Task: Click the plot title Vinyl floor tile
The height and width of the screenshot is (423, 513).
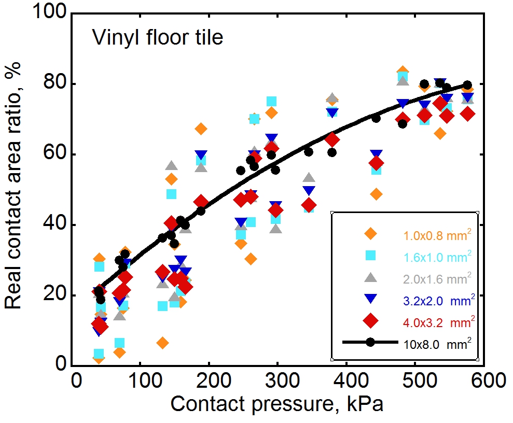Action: (x=157, y=38)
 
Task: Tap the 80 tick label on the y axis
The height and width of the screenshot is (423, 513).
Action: (x=58, y=84)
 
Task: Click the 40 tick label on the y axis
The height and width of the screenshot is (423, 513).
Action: (x=58, y=225)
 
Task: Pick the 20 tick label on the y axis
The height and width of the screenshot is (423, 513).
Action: (x=58, y=295)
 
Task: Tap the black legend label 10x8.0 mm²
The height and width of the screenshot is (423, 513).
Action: (x=437, y=344)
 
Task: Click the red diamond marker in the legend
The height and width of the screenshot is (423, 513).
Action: (x=370, y=321)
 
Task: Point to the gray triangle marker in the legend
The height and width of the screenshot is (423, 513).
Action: (x=370, y=277)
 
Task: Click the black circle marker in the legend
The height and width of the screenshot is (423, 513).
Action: (x=370, y=343)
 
